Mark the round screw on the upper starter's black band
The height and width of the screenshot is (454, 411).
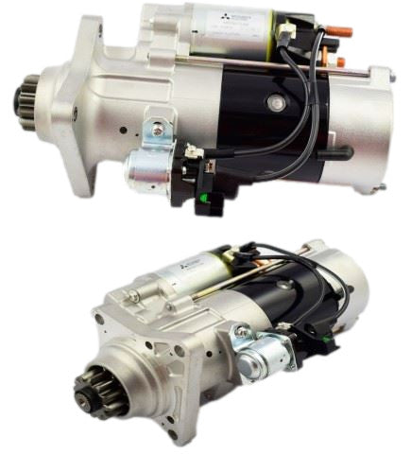click(277, 100)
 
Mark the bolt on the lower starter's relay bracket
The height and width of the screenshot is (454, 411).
click(243, 331)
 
